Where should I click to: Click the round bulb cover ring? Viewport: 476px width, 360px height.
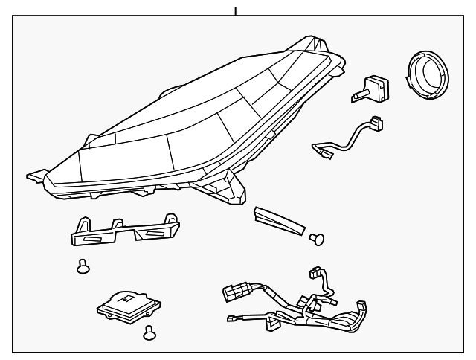(x=428, y=77)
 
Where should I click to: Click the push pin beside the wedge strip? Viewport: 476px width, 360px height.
(x=317, y=238)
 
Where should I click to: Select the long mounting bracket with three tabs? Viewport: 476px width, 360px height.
(x=123, y=232)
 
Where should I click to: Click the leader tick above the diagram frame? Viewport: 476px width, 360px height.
(x=236, y=11)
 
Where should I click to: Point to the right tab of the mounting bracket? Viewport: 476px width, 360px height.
(x=171, y=219)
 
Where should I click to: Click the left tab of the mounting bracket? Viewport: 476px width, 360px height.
(x=80, y=224)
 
